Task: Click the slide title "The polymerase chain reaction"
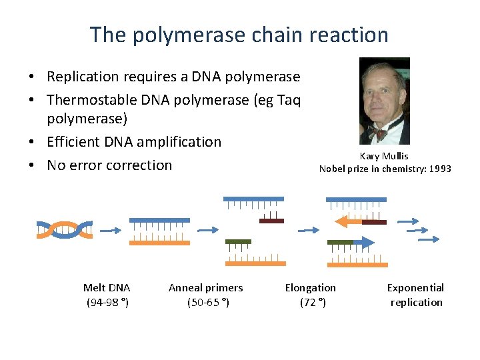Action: pos(239,35)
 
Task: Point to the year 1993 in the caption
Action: pos(440,169)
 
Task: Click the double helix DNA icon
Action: pos(64,229)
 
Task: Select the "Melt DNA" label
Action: pos(107,288)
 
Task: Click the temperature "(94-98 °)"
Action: pos(107,303)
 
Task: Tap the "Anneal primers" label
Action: pos(205,288)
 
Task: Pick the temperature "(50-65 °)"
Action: pos(205,303)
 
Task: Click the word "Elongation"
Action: pos(311,288)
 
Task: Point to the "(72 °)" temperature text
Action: pos(312,303)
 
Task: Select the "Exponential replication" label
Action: pos(416,295)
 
